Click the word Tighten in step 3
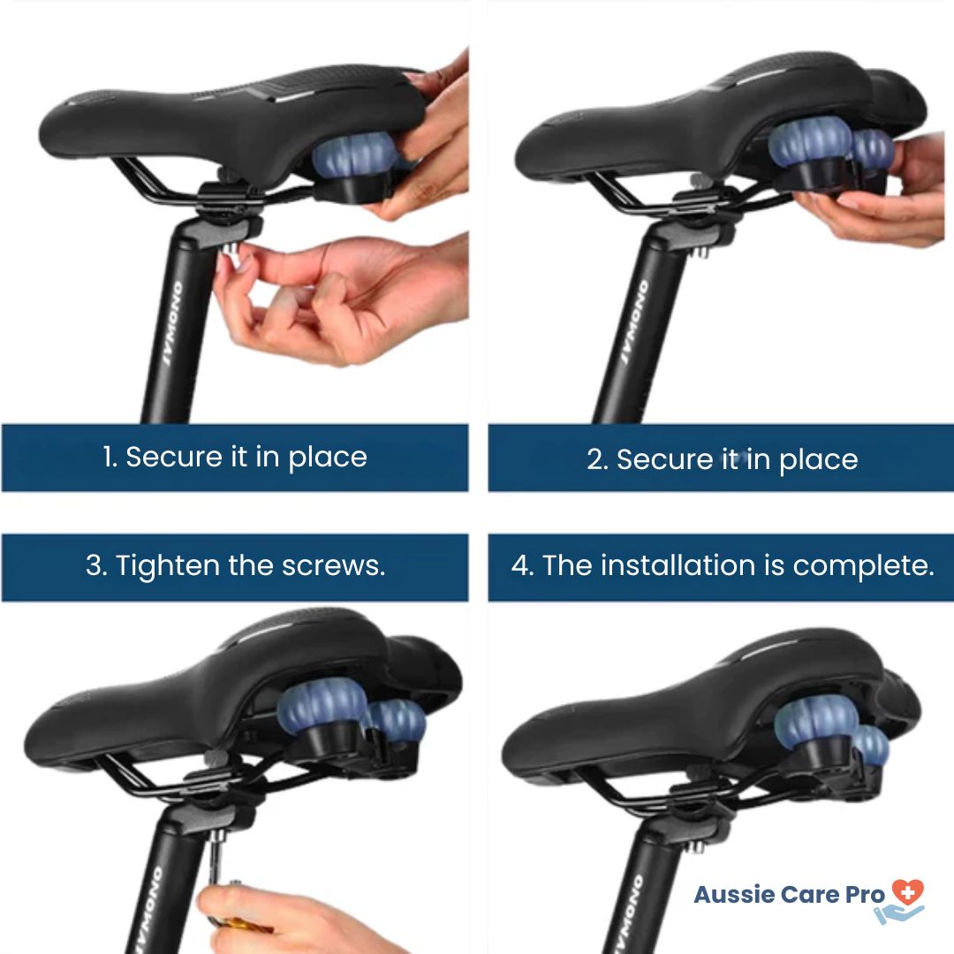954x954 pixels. click(x=167, y=566)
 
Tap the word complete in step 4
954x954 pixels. click(x=863, y=566)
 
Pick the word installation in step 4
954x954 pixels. click(x=678, y=565)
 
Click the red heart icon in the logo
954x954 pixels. click(x=908, y=892)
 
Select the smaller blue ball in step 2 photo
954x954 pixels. click(x=873, y=149)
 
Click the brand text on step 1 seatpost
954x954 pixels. click(x=172, y=323)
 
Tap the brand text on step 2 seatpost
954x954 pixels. click(x=633, y=322)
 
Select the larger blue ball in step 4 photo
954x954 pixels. click(x=816, y=718)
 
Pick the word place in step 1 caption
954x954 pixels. click(x=328, y=458)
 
